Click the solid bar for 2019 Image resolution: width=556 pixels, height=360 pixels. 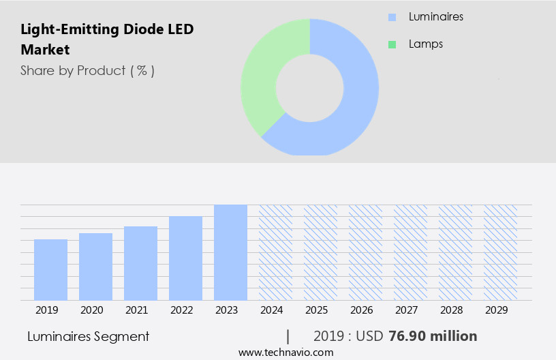coord(50,270)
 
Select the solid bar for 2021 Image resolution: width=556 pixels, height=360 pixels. coord(140,263)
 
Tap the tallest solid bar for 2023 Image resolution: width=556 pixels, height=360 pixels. coord(230,252)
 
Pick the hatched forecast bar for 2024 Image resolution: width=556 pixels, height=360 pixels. coord(275,252)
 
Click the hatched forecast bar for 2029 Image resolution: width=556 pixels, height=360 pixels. coord(500,252)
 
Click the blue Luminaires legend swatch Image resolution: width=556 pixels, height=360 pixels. coord(392,17)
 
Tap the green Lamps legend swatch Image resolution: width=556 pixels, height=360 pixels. coord(392,44)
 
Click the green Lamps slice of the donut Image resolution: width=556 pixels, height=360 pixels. coord(262,75)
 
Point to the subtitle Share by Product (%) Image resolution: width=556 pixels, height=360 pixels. coord(87,70)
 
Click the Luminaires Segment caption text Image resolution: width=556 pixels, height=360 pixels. coord(88,336)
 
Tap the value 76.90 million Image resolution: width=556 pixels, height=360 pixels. coord(432,336)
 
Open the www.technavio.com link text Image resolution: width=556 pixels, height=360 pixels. coord(285,352)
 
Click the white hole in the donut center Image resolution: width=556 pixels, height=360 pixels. coord(309,87)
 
